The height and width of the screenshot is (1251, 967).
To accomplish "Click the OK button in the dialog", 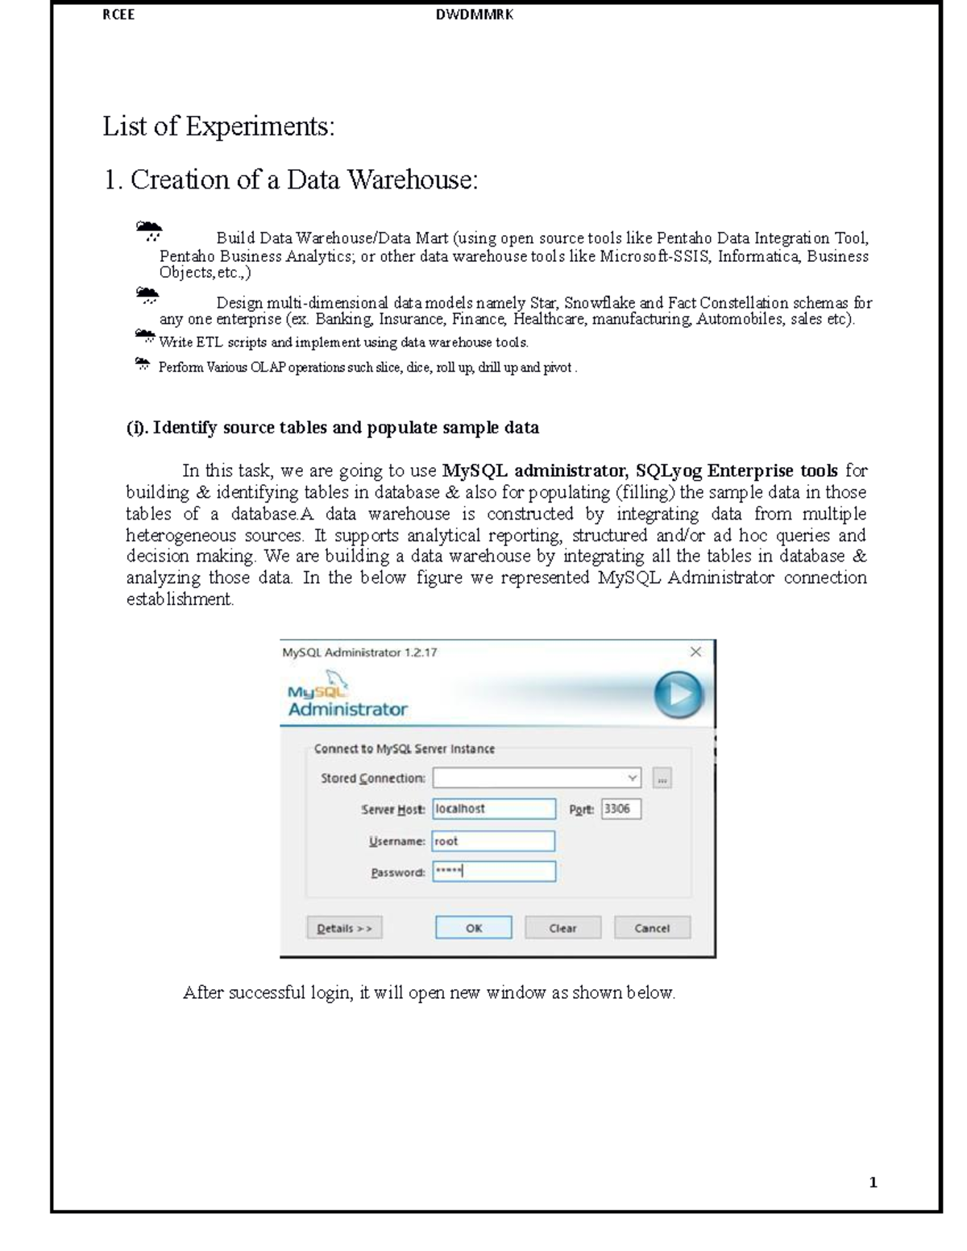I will pyautogui.click(x=473, y=928).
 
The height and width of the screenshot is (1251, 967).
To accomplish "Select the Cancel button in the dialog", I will pyautogui.click(x=652, y=928).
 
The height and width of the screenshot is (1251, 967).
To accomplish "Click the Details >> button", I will pyautogui.click(x=344, y=928).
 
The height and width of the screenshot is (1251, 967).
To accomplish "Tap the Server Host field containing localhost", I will pyautogui.click(x=493, y=809).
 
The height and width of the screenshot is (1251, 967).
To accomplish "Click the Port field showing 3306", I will pyautogui.click(x=621, y=809).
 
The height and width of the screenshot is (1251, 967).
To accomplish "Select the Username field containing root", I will pyautogui.click(x=493, y=841).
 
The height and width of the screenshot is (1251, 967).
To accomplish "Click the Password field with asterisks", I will pyautogui.click(x=493, y=872).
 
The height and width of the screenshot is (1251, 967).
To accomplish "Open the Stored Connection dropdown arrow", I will pyautogui.click(x=633, y=778).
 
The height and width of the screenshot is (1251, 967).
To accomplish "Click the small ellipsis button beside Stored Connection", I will pyautogui.click(x=662, y=778).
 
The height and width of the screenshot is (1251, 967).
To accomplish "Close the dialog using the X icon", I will pyautogui.click(x=695, y=652).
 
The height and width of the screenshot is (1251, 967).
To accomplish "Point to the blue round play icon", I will pyautogui.click(x=678, y=695).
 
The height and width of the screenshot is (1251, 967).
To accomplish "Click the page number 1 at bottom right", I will pyautogui.click(x=873, y=1183).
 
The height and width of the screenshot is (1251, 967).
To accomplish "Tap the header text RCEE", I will pyautogui.click(x=118, y=14).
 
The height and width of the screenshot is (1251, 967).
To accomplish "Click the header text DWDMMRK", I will pyautogui.click(x=474, y=14).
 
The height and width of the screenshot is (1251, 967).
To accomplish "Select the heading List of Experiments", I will pyautogui.click(x=218, y=126).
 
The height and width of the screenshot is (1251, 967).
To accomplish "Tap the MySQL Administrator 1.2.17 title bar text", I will pyautogui.click(x=359, y=652).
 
